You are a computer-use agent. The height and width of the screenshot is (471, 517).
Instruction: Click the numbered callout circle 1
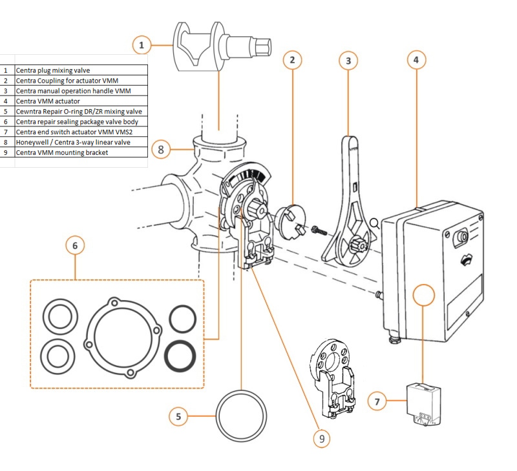pyautogui.click(x=142, y=45)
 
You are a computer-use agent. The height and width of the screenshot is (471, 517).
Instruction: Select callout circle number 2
pyautogui.click(x=292, y=60)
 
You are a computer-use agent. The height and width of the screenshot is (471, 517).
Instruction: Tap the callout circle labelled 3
pyautogui.click(x=348, y=61)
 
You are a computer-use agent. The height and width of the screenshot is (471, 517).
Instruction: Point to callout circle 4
pyautogui.click(x=416, y=60)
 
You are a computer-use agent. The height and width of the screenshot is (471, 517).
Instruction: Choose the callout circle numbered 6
pyautogui.click(x=76, y=246)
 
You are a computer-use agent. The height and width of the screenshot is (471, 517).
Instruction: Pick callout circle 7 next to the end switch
pyautogui.click(x=378, y=401)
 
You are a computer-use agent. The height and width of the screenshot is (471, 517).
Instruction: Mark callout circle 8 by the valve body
pyautogui.click(x=162, y=150)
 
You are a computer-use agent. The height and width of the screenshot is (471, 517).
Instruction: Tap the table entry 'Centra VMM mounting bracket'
pyautogui.click(x=61, y=153)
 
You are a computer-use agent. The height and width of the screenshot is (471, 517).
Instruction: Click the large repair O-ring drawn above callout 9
pyautogui.click(x=240, y=413)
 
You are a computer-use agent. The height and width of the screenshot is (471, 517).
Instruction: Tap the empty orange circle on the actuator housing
pyautogui.click(x=423, y=297)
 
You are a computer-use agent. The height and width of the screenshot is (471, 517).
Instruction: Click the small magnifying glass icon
pyautogui.click(x=374, y=224)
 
